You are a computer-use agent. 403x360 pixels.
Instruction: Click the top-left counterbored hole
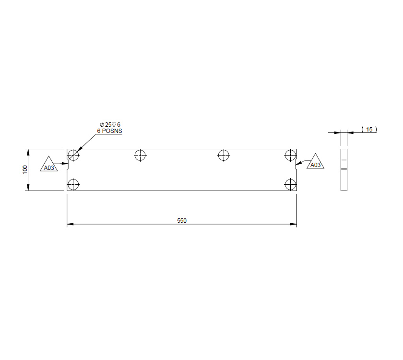[x=73, y=155]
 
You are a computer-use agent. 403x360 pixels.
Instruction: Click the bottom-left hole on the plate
[x=73, y=184]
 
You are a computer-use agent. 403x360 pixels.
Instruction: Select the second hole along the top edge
[x=140, y=155]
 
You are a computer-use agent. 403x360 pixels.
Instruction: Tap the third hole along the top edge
[x=223, y=155]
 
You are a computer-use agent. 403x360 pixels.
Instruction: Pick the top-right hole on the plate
[x=290, y=155]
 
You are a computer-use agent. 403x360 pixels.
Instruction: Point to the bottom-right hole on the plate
[x=290, y=184]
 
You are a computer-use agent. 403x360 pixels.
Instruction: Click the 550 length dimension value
[x=182, y=221]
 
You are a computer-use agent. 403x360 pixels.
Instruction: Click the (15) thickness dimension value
[x=369, y=130]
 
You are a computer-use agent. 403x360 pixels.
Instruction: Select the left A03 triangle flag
[x=48, y=166]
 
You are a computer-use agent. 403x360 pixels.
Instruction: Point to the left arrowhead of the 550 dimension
[x=70, y=224]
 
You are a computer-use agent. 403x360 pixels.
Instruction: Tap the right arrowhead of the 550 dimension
[x=294, y=224]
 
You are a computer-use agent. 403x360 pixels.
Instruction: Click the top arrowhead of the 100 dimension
[x=28, y=152]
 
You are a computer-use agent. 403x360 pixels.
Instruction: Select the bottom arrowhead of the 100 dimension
[x=28, y=188]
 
